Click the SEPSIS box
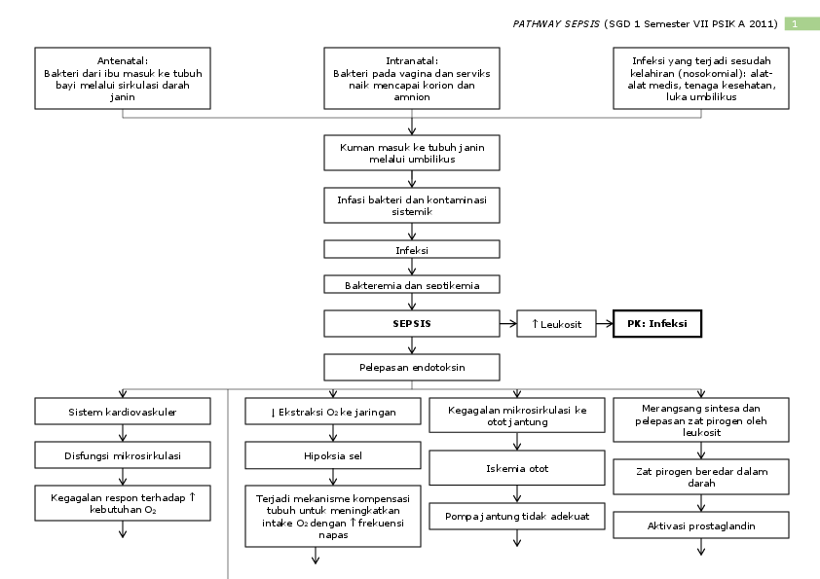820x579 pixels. [412, 324]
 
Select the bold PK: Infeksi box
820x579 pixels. [657, 324]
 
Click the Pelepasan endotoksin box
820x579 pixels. [412, 367]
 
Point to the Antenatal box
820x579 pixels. [123, 78]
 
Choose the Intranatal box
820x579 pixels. [412, 78]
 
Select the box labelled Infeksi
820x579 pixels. [412, 249]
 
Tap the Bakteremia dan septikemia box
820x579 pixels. [412, 284]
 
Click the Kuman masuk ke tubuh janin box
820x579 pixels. [412, 153]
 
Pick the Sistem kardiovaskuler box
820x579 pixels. [123, 412]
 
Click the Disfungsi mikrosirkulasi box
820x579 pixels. [123, 454]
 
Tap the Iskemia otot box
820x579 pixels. [517, 468]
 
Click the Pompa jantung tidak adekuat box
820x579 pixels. [517, 514]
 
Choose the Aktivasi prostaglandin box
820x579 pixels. [701, 525]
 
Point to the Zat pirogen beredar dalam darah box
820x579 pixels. [701, 477]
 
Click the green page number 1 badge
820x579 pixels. [801, 23]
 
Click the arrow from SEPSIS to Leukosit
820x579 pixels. [508, 324]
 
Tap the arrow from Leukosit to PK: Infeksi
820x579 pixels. [604, 324]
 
